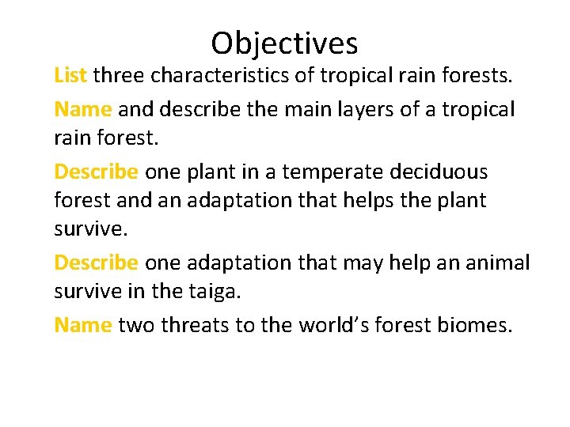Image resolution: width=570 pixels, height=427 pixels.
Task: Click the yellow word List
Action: point(70,75)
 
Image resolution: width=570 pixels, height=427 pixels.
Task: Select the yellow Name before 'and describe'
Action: point(82,108)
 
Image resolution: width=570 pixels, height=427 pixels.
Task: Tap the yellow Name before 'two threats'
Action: point(82,324)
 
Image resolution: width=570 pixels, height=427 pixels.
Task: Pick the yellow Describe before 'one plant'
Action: point(96,172)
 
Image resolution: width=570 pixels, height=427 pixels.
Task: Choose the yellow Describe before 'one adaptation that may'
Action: point(96,262)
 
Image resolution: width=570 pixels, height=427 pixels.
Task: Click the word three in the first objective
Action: point(121,76)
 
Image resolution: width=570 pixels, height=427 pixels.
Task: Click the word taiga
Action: point(212,292)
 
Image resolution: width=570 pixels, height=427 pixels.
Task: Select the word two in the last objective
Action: point(136,324)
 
